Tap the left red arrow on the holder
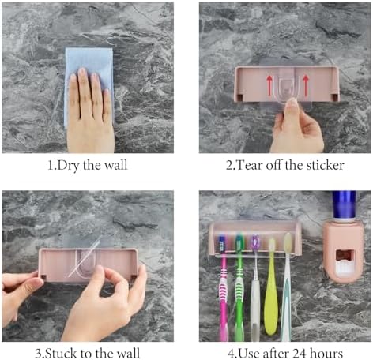(269, 85)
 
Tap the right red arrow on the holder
(306, 85)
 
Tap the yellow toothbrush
(271, 287)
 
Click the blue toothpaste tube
(344, 205)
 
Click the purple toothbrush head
(254, 242)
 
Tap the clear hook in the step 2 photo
(286, 88)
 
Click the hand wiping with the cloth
(91, 111)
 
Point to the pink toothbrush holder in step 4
(255, 238)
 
